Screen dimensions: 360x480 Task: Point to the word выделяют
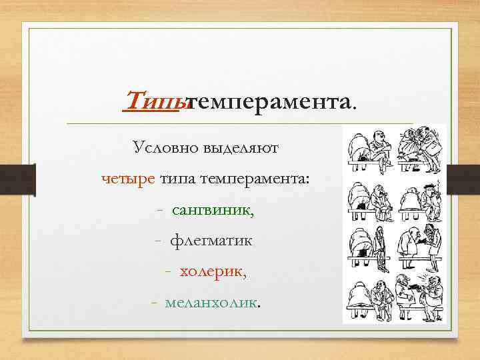tap(249, 148)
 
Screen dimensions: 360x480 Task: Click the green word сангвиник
tap(213, 210)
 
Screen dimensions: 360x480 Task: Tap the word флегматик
tap(211, 241)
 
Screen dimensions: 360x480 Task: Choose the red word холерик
tap(213, 272)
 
